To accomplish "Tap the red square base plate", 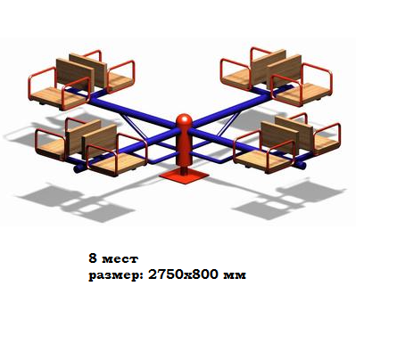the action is (x=184, y=176).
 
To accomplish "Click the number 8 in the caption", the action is (x=93, y=258).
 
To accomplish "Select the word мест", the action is (x=120, y=259).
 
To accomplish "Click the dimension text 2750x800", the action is (x=184, y=274).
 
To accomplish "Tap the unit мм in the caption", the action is (x=235, y=275).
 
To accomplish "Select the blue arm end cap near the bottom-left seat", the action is (x=78, y=169).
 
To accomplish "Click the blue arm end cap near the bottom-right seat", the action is (x=302, y=165).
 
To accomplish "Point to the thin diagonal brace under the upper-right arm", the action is (x=228, y=124).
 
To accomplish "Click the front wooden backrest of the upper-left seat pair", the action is (x=75, y=75).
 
